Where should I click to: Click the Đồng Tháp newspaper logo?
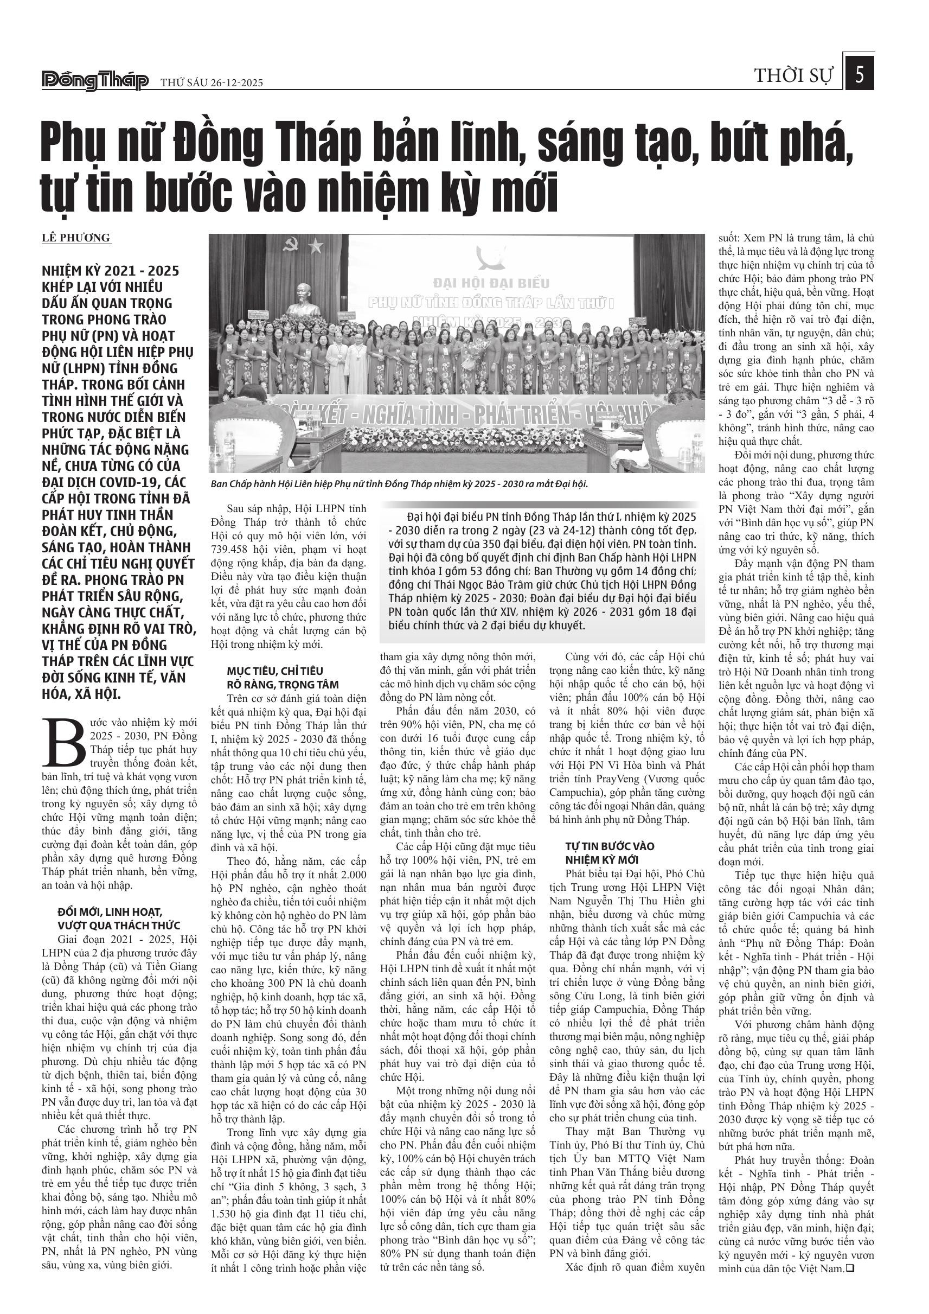tap(95, 81)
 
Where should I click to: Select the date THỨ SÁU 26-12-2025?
tap(211, 82)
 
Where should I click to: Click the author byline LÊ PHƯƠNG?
tap(75, 238)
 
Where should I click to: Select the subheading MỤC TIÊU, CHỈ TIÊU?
tap(274, 671)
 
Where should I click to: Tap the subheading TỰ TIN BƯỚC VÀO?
tap(610, 846)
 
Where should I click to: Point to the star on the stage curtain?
tap(315, 246)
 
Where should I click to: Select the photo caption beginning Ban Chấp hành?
tap(399, 484)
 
